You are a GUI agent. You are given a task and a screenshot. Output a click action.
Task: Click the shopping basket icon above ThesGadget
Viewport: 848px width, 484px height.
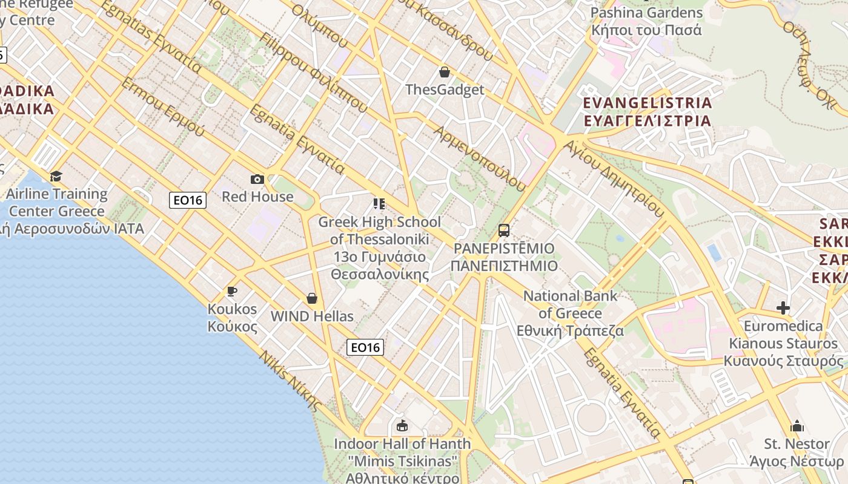click(445, 72)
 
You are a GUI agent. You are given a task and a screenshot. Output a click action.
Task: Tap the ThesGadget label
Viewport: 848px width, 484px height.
click(445, 90)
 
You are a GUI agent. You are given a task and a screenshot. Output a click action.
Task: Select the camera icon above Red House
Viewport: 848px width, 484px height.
click(257, 179)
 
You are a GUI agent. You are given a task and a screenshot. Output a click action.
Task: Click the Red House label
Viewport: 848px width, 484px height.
click(257, 197)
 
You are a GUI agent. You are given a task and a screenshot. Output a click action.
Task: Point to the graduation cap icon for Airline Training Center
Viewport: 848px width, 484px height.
click(56, 176)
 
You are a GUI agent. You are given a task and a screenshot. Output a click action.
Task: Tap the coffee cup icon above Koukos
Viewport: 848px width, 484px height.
click(232, 292)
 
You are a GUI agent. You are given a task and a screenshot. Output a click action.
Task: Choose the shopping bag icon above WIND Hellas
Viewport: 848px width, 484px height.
click(312, 298)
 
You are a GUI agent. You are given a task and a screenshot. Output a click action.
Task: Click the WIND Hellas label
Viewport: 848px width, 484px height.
click(312, 316)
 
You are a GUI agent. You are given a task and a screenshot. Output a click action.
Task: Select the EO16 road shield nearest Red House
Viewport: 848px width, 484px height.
click(188, 200)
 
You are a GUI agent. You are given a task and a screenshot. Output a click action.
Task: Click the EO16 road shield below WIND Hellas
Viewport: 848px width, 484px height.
click(365, 347)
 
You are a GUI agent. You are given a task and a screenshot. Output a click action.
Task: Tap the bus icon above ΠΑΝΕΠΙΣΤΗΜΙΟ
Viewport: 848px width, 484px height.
click(504, 230)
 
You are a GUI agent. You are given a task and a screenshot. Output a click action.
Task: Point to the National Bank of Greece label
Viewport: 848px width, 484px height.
click(570, 313)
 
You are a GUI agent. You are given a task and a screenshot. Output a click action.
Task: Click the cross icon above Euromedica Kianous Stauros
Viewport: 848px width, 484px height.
click(783, 308)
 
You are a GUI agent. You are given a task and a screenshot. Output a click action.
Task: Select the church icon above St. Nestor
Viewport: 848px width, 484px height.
click(797, 426)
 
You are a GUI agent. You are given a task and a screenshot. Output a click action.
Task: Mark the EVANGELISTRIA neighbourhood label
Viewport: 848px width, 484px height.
click(647, 111)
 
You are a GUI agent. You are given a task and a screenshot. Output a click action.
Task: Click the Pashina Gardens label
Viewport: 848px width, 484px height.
click(646, 21)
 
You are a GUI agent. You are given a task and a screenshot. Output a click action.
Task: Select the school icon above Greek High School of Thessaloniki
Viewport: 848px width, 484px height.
click(379, 203)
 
